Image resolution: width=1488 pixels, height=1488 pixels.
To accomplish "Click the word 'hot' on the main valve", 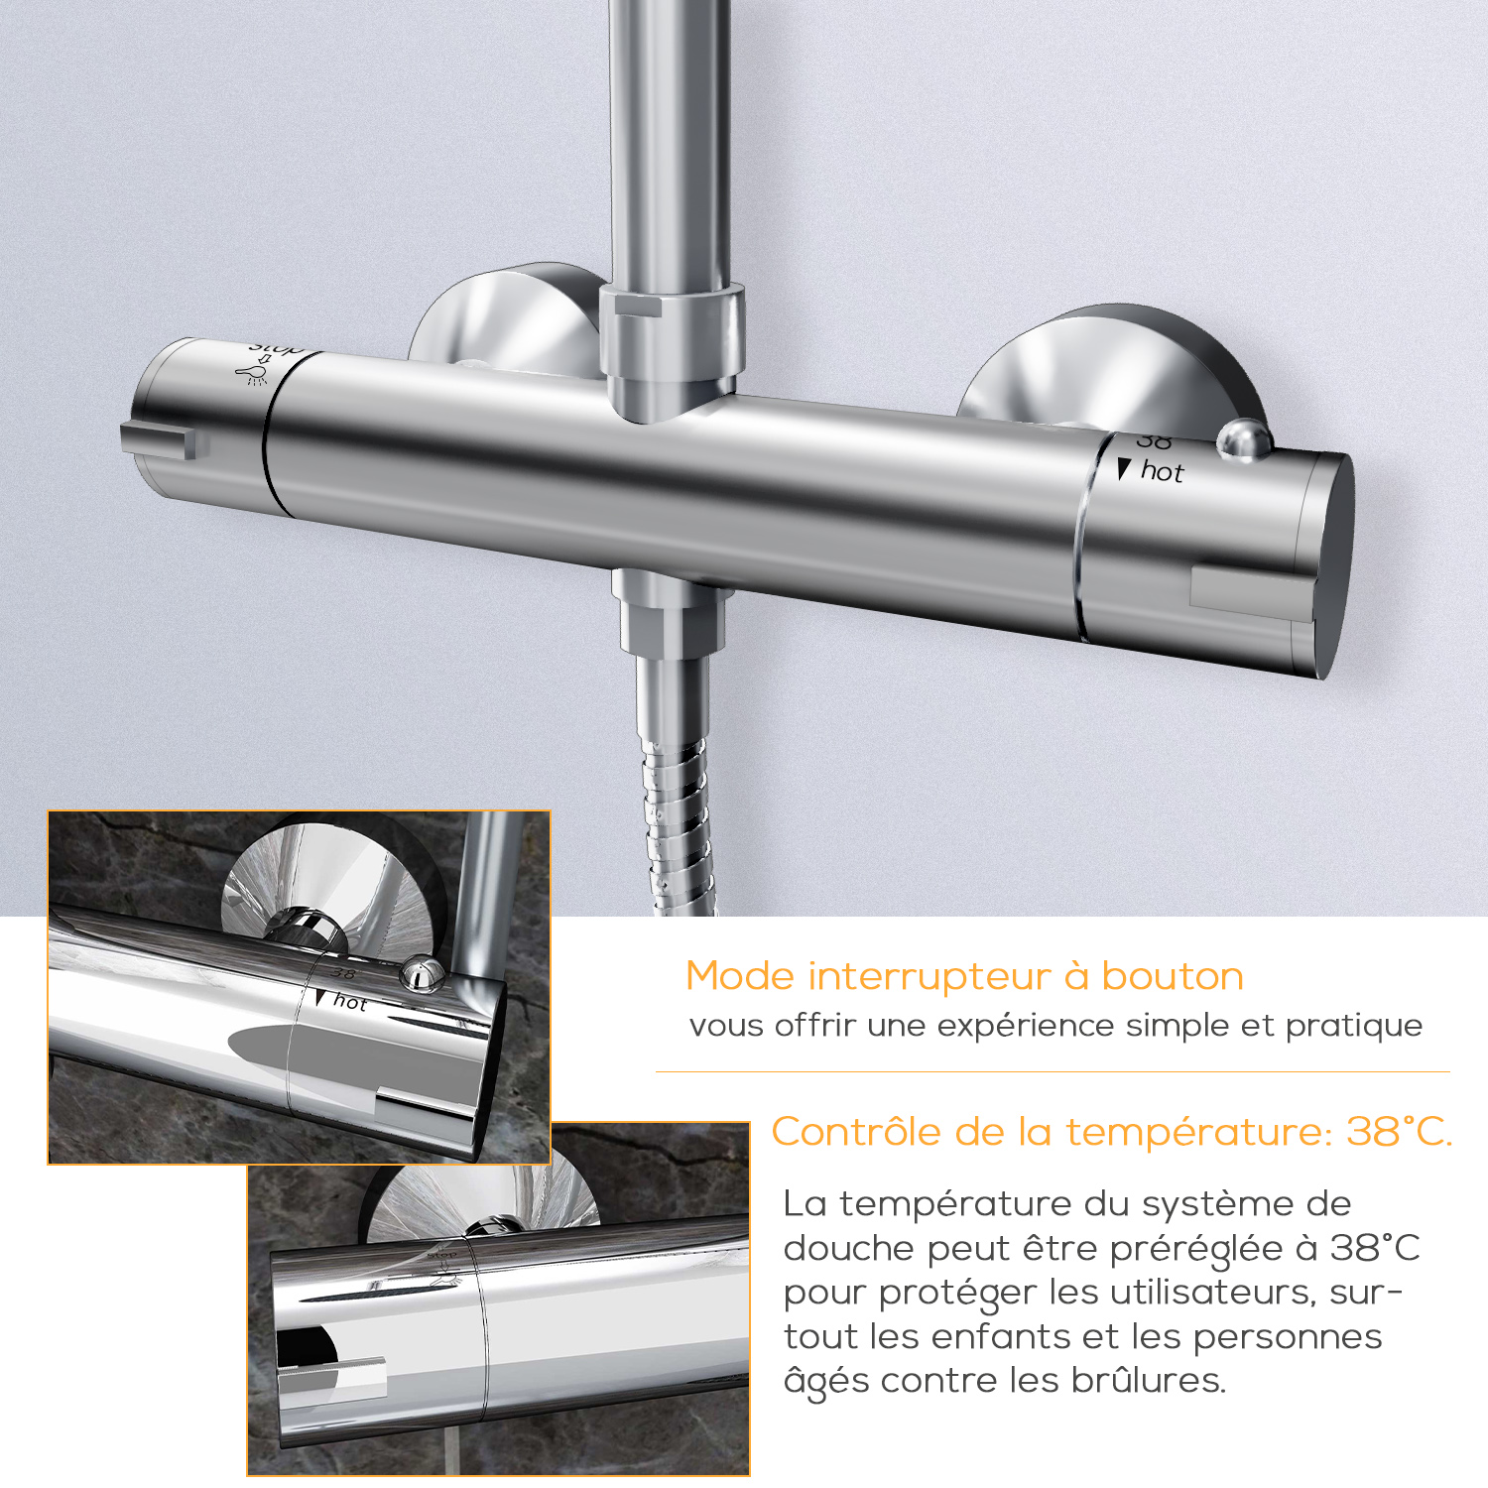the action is pos(1162,471).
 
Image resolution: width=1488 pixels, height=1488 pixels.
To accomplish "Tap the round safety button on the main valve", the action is pos(1244,440).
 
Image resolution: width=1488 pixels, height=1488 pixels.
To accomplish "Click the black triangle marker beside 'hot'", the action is pos(1123,469).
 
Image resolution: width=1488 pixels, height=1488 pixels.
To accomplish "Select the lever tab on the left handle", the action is pos(158,439).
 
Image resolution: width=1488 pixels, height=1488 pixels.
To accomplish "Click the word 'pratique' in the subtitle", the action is pos(1354,1026).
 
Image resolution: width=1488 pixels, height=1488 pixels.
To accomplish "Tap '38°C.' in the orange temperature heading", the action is pos(1399,1132).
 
